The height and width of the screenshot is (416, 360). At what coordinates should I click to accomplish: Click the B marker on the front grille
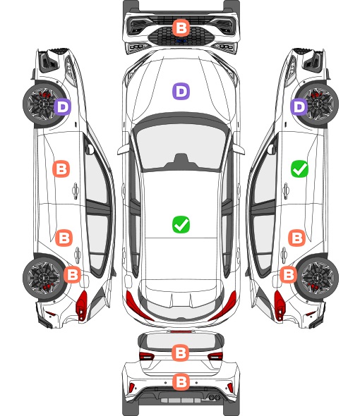[x=181, y=27]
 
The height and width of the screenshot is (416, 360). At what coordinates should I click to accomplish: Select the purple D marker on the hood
[x=181, y=91]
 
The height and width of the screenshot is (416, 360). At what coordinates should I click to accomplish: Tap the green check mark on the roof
[x=181, y=224]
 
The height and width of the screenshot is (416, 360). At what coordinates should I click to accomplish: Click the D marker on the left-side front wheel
[x=62, y=107]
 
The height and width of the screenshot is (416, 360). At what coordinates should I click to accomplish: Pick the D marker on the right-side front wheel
[x=299, y=107]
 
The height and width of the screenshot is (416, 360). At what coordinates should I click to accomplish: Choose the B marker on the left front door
[x=61, y=169]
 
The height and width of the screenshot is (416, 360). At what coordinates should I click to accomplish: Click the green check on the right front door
[x=300, y=169]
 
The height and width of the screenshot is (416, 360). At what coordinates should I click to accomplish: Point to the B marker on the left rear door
[x=64, y=238]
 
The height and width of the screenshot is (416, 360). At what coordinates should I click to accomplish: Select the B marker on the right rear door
[x=296, y=238]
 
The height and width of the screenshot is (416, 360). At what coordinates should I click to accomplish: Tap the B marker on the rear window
[x=181, y=353]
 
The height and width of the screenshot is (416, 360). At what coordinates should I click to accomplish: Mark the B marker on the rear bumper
[x=181, y=382]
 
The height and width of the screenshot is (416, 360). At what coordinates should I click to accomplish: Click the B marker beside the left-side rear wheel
[x=72, y=274]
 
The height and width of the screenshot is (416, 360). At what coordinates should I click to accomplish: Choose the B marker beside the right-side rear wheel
[x=289, y=274]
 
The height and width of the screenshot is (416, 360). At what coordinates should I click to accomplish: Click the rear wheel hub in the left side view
[x=42, y=278]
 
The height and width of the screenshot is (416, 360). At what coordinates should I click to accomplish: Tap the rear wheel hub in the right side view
[x=318, y=278]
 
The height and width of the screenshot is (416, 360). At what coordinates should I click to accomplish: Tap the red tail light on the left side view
[x=82, y=305]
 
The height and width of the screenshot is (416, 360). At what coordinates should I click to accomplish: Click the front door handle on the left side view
[x=76, y=190]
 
